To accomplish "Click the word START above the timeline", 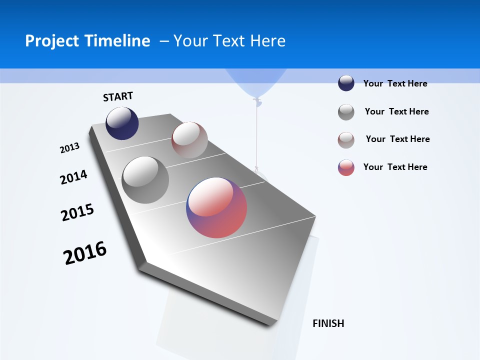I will (118, 96).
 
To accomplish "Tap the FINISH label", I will (328, 323).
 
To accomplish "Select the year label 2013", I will (69, 148).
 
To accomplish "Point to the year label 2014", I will (73, 177).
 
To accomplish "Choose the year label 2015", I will (77, 212).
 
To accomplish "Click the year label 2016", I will (85, 253).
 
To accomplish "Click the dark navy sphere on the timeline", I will (122, 123).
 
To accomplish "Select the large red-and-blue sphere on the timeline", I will (216, 207).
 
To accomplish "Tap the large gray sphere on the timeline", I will (145, 180).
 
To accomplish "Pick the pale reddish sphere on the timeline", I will (189, 140).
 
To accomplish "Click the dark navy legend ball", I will (346, 83).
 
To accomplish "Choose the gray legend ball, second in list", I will (346, 112).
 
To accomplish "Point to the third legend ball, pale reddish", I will (346, 140).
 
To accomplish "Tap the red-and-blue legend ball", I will (346, 167).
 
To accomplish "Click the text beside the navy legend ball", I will (395, 83).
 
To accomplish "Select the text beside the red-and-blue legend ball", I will (395, 167).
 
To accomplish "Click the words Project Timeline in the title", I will (87, 41).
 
